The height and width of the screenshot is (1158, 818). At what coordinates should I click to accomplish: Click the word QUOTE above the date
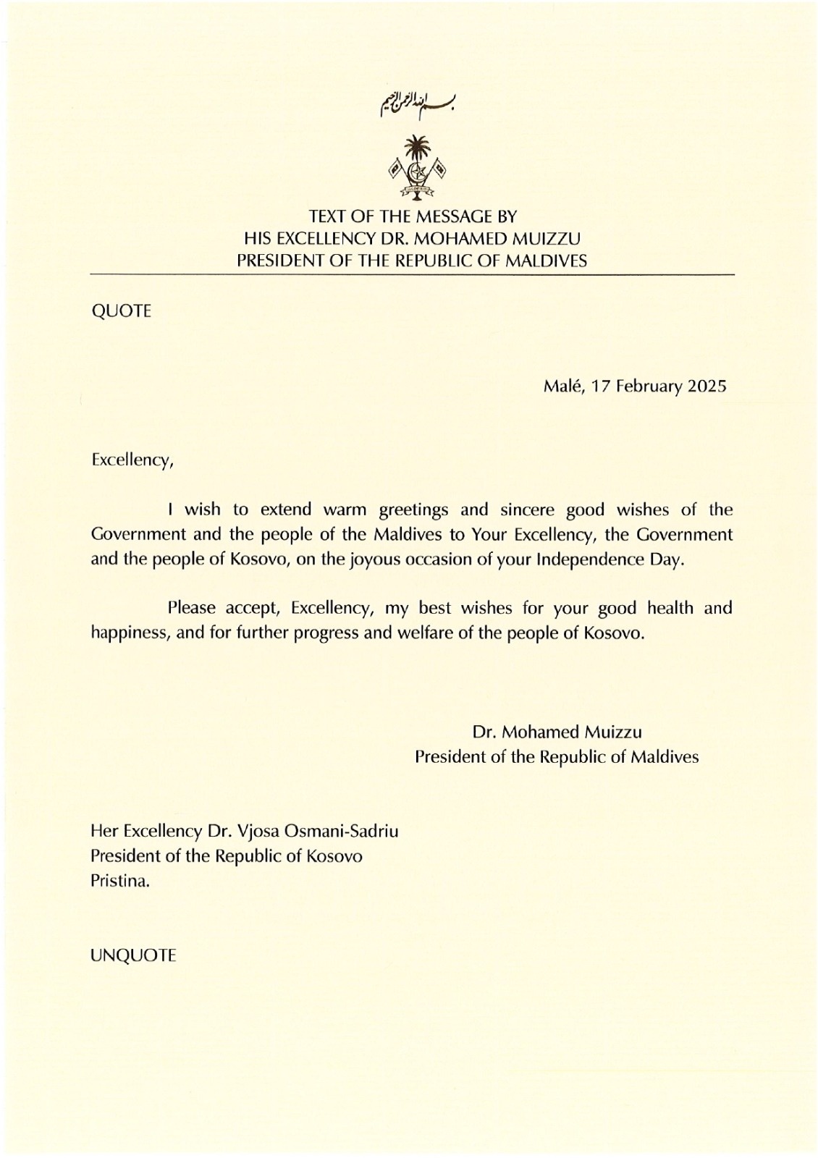121,311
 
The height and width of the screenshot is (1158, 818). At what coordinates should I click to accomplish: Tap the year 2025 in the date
707,386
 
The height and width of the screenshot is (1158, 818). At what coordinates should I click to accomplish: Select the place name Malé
564,386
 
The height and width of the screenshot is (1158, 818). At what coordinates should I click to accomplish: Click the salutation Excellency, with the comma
132,460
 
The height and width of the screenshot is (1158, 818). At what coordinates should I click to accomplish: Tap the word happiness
132,633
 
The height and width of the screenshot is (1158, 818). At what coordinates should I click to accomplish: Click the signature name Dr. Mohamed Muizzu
557,732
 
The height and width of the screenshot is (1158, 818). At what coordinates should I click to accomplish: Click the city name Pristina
120,882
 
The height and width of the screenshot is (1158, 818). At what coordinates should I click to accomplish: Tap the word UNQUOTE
133,955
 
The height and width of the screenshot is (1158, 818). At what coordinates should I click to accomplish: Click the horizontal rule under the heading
412,275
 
